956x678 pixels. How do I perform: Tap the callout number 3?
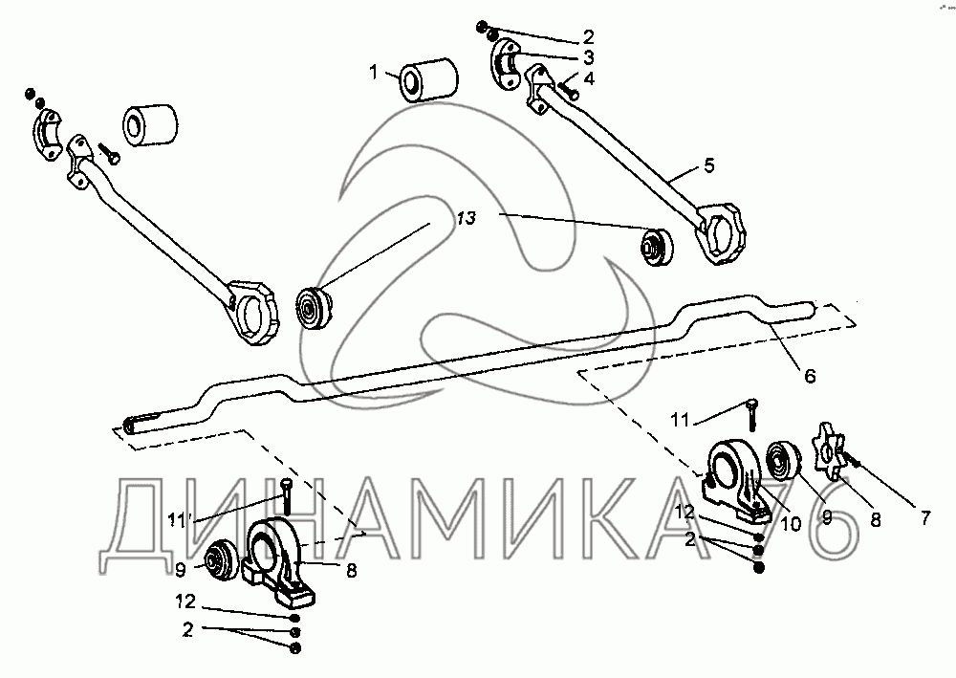589,58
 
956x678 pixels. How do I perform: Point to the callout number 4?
589,79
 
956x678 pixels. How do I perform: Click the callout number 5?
707,165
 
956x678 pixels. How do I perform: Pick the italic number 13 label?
466,219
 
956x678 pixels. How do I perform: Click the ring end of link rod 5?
719,231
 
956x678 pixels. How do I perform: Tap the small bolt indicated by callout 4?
570,92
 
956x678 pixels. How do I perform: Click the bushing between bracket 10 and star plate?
785,463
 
